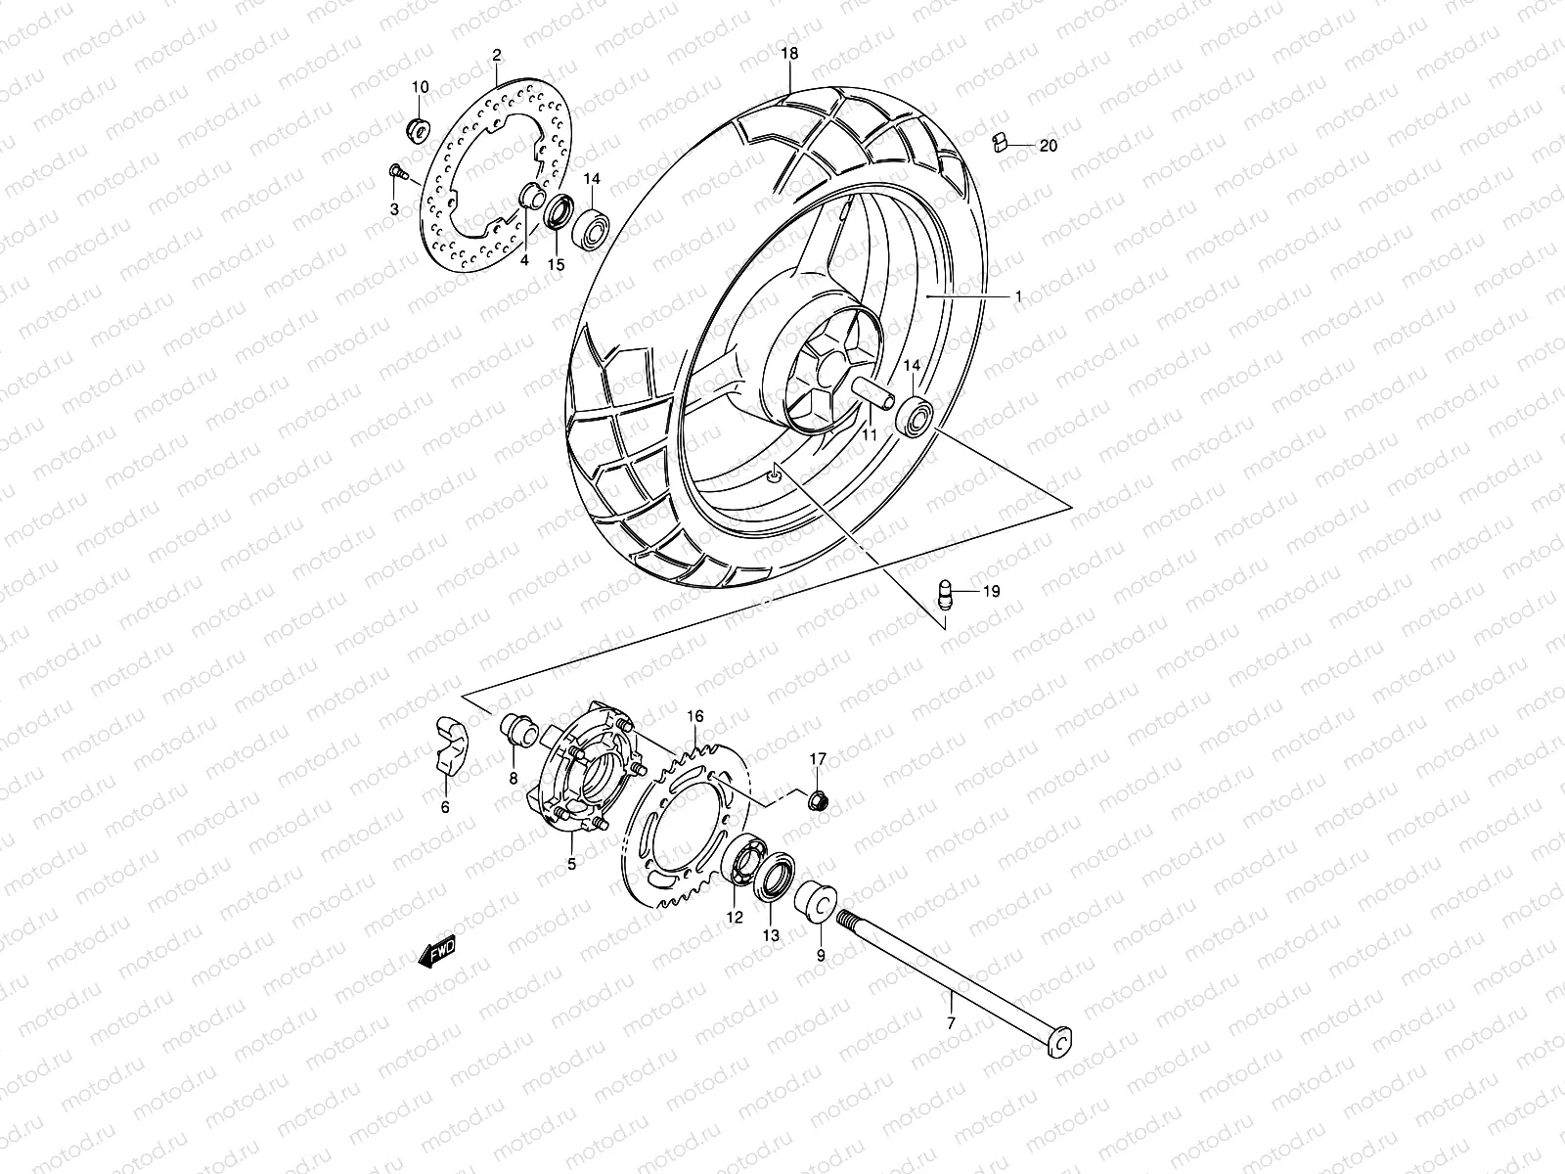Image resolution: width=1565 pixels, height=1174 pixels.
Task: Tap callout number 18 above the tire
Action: pos(790,54)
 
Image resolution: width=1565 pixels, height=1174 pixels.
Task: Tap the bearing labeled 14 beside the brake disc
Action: pos(594,228)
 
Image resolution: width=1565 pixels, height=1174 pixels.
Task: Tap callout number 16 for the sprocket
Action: pos(722,716)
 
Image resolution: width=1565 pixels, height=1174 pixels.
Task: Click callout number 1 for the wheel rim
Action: pos(1017,294)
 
